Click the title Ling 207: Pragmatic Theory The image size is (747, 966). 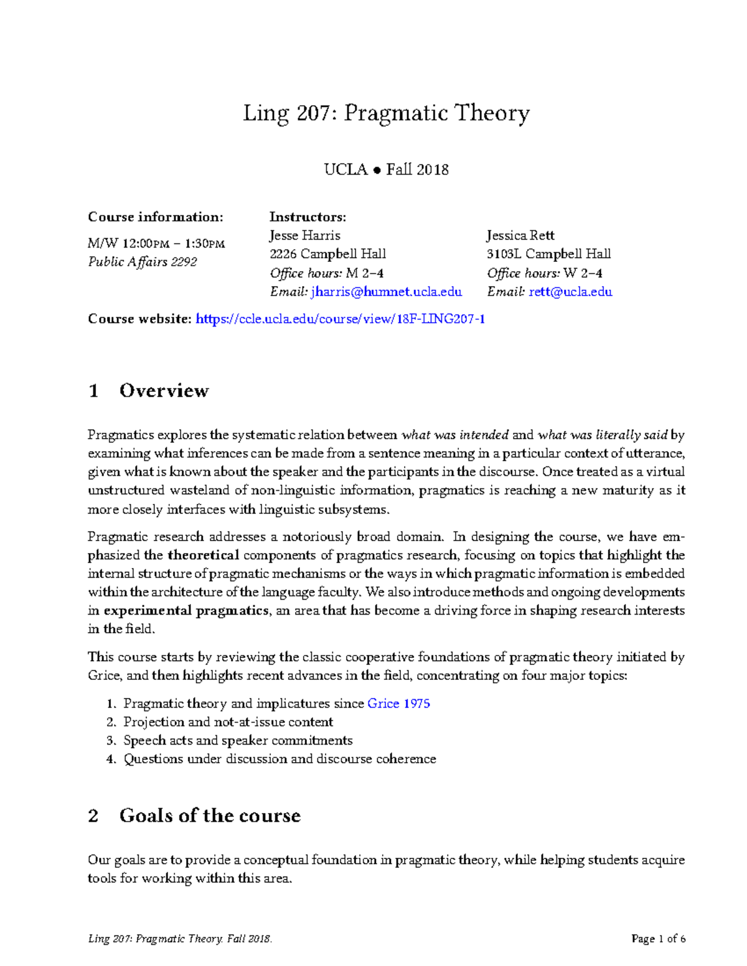(386, 114)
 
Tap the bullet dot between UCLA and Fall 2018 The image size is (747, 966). (377, 170)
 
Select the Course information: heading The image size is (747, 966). (155, 217)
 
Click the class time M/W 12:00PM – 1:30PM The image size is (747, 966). (156, 243)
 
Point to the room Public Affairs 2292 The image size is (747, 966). (143, 262)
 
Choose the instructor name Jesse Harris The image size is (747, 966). (304, 236)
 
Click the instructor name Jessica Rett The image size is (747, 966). (520, 236)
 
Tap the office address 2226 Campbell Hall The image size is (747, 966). (327, 254)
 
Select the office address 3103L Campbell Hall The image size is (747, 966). (548, 254)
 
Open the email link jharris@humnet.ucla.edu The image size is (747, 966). (387, 292)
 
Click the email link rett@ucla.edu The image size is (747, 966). (570, 292)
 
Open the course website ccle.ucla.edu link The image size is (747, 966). (340, 319)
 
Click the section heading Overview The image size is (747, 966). (164, 391)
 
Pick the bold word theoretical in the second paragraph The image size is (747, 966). (203, 555)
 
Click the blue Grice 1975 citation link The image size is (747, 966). (398, 704)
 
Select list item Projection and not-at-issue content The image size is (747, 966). (228, 722)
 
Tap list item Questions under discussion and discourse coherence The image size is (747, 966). (280, 759)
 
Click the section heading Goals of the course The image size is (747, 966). (210, 815)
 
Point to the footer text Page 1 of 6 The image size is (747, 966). (658, 939)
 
